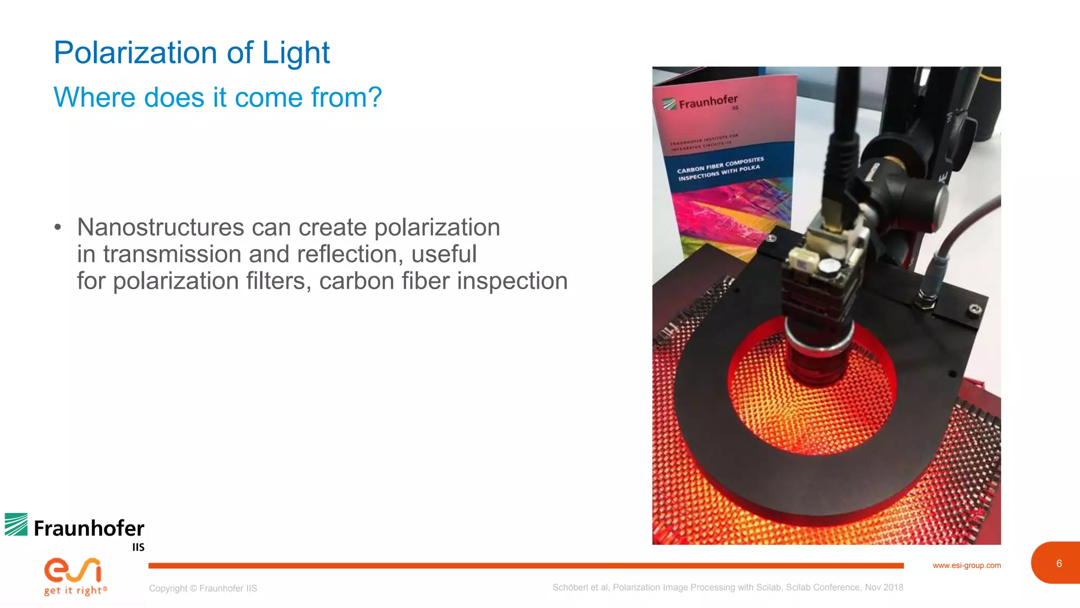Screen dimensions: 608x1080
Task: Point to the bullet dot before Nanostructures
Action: coord(58,227)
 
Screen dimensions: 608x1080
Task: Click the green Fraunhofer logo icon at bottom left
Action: coord(16,525)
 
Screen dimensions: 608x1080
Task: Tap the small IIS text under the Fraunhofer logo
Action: coord(138,547)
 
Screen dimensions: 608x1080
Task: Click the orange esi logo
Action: coord(73,570)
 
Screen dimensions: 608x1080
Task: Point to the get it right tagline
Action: coord(75,591)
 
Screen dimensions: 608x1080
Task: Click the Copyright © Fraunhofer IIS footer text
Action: coord(203,588)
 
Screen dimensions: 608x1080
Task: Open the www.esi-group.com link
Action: coord(967,565)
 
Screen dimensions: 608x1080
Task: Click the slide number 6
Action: coord(1059,564)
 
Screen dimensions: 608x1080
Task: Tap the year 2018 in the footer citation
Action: coord(893,587)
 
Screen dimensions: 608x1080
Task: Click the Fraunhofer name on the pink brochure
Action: coord(708,101)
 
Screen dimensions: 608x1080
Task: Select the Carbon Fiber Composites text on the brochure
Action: coord(720,164)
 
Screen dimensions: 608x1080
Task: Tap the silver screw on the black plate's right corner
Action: coord(976,309)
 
